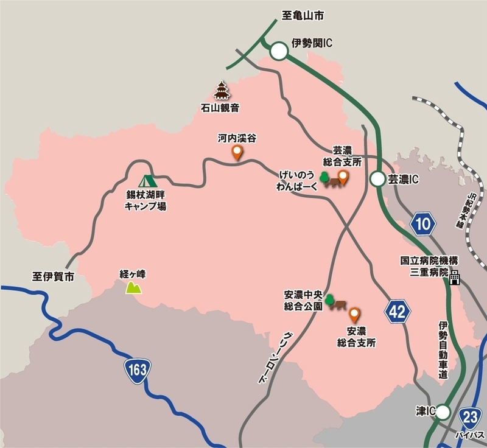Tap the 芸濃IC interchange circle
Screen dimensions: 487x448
[x=378, y=179]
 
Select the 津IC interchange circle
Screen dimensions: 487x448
[x=444, y=413]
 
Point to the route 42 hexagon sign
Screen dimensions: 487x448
[x=397, y=312]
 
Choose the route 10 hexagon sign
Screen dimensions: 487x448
[x=423, y=224]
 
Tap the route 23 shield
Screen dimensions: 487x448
[x=470, y=418]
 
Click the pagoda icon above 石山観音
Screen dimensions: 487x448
[x=221, y=93]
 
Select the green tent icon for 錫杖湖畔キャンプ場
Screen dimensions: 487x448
[x=147, y=181]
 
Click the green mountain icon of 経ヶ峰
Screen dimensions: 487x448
[x=133, y=287]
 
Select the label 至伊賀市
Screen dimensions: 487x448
[x=53, y=276]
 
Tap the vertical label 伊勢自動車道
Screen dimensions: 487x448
[x=443, y=350]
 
